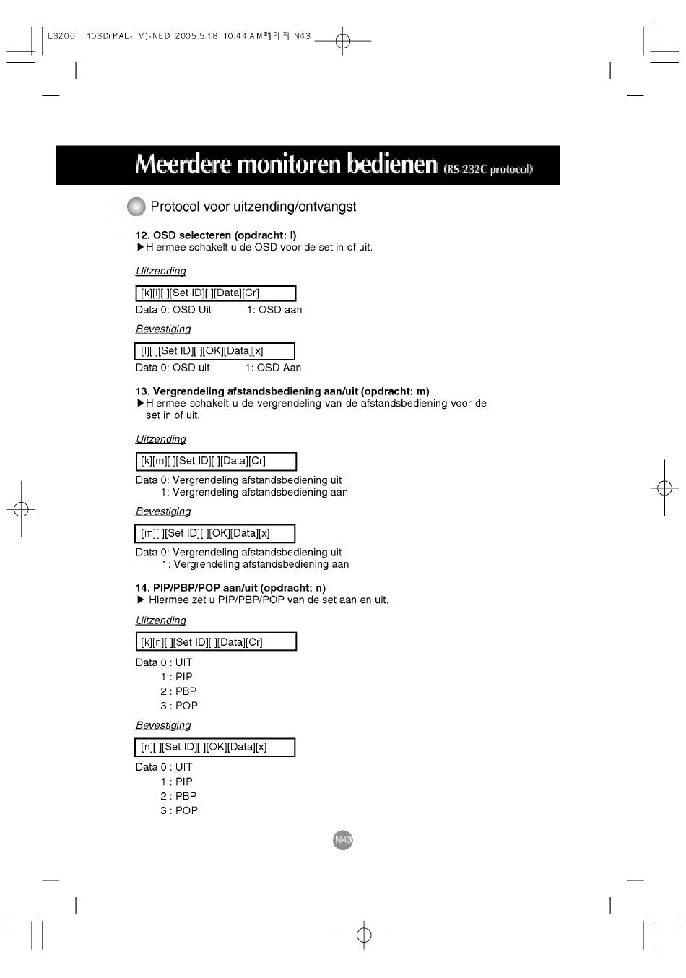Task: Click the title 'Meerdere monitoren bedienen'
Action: coord(286,165)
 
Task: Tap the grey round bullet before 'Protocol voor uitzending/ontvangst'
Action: coord(136,207)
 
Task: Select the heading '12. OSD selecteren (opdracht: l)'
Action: coord(216,235)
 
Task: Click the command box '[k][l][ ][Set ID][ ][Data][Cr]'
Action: coord(216,293)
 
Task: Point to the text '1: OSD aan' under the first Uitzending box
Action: coord(274,310)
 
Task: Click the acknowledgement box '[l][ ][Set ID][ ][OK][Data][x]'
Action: coord(214,351)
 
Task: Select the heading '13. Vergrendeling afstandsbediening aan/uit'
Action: coord(282,391)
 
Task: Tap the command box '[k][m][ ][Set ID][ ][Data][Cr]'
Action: coord(216,461)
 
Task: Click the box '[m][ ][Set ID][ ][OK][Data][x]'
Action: coord(214,534)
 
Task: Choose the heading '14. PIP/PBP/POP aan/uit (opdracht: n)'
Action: coord(230,588)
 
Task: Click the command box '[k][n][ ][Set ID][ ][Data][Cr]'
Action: coord(216,642)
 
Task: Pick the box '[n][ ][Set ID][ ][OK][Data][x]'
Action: coord(214,747)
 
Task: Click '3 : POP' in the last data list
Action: coord(179,810)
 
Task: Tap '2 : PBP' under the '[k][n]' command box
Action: coord(178,691)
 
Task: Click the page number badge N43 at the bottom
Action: coord(343,840)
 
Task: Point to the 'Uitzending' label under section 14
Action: coord(161,620)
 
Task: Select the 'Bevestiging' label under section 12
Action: coord(163,329)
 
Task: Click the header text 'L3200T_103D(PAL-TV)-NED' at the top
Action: coord(108,36)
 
